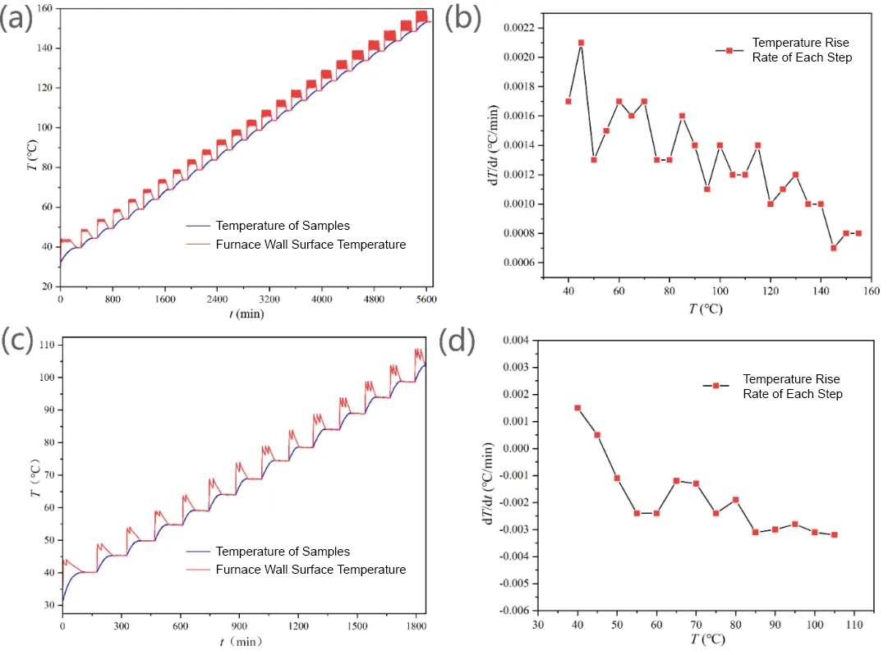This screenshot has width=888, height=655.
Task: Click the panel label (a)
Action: (x=17, y=18)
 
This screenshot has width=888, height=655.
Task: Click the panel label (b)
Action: (x=462, y=18)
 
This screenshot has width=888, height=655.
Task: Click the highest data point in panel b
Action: (x=581, y=43)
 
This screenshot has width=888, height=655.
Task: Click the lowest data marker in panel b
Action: (x=833, y=248)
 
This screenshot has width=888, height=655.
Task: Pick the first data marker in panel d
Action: (x=577, y=408)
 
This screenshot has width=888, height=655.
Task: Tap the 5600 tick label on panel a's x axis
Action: (x=425, y=299)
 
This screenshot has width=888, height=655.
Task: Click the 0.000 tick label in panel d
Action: (x=521, y=448)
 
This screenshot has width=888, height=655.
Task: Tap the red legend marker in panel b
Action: (x=729, y=50)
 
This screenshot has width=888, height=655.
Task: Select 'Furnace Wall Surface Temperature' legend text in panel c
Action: (x=311, y=569)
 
